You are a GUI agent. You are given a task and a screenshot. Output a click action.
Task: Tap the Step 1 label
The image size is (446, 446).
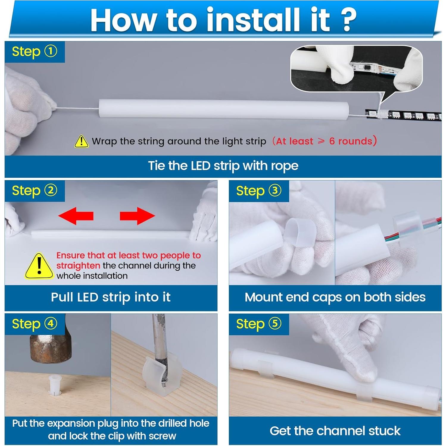coord(34,52)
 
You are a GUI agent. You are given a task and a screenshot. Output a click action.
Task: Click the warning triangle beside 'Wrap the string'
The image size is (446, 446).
coord(81,141)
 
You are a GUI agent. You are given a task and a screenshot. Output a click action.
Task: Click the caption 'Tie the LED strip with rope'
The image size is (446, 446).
coord(223,166)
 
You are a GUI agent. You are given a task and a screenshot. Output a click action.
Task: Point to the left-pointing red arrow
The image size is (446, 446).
coord(76,216)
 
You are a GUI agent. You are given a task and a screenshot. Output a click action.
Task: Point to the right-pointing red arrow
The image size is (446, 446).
coord(137,216)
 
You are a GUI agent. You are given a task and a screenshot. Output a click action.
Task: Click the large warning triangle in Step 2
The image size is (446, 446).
coord(39,266)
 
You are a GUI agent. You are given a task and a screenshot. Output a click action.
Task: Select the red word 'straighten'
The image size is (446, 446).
coord(78,266)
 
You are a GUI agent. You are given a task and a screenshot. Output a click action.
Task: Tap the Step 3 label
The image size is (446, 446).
coord(258,191)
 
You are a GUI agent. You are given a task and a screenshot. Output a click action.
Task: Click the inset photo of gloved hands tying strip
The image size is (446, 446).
coord(356,68)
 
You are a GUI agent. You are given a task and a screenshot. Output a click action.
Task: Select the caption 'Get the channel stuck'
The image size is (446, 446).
coord(335,431)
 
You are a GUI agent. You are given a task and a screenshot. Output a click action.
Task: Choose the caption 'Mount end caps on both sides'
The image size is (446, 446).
coord(335,297)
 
